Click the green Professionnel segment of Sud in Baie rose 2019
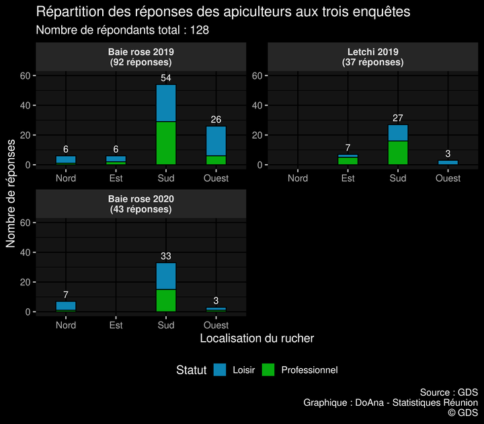click(x=166, y=143)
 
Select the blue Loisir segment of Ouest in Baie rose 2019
click(x=216, y=141)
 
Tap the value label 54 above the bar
click(x=166, y=79)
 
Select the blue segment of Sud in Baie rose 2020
click(x=166, y=276)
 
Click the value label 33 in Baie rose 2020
click(x=166, y=256)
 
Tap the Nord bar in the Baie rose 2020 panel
click(x=66, y=306)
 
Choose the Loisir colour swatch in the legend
click(x=220, y=369)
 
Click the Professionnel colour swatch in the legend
click(x=268, y=369)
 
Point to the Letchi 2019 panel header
click(x=373, y=57)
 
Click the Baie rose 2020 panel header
click(x=140, y=204)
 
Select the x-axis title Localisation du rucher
click(x=257, y=338)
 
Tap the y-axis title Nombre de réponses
click(x=11, y=194)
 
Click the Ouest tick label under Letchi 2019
click(x=448, y=178)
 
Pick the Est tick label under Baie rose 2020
click(x=116, y=325)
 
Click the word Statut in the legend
click(x=191, y=369)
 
